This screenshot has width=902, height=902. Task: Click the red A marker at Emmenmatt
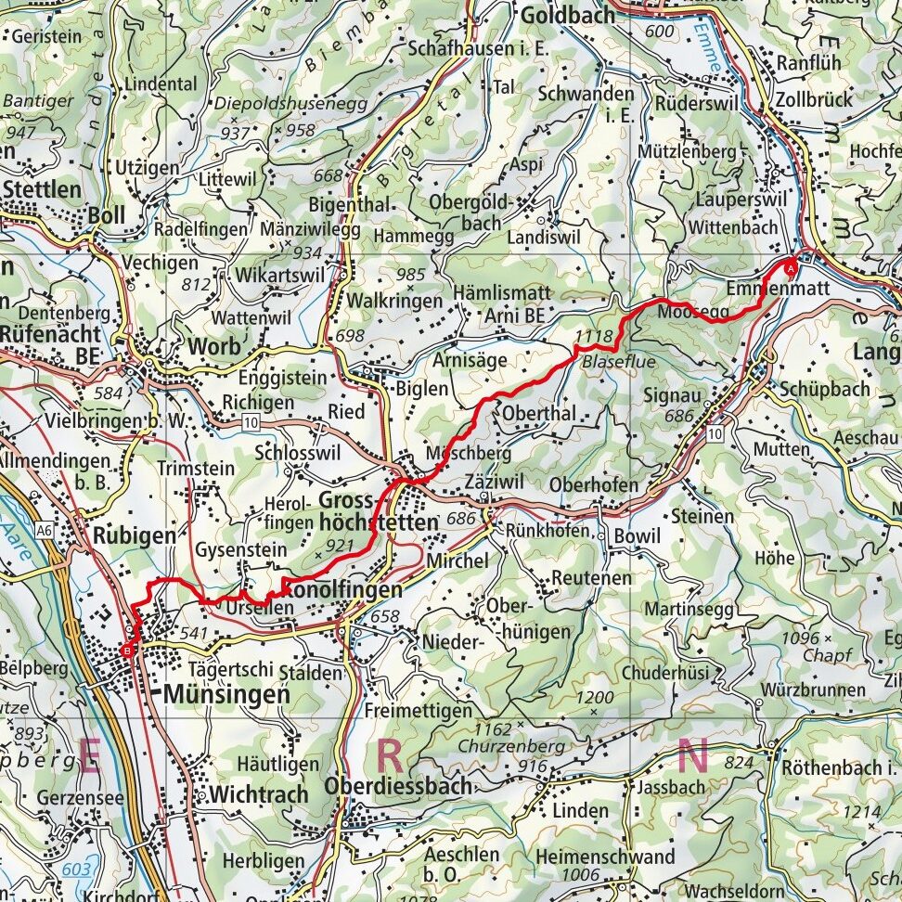click(x=791, y=267)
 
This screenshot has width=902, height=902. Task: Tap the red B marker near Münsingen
click(x=127, y=651)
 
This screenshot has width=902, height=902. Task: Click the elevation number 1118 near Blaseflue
click(x=594, y=336)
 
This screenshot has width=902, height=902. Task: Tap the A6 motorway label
click(x=43, y=529)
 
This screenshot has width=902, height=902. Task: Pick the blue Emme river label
click(x=708, y=50)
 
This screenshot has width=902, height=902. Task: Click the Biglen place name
click(x=422, y=389)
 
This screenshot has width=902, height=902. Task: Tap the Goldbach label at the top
click(x=567, y=16)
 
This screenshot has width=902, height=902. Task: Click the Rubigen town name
click(x=134, y=535)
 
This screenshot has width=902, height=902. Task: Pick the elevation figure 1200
click(x=594, y=697)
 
